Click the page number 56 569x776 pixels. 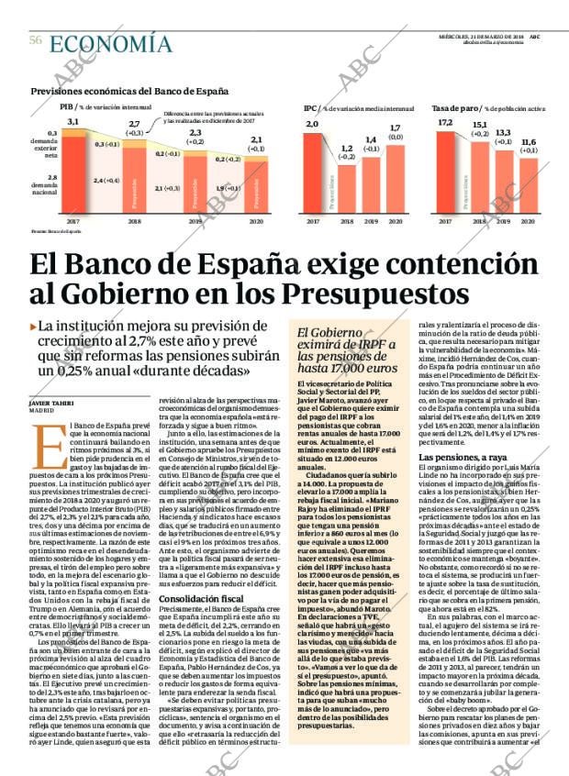[35, 40]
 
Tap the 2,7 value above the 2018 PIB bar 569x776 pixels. [134, 125]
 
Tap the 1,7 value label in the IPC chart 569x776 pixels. [396, 128]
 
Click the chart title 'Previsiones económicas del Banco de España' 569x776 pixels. [129, 92]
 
